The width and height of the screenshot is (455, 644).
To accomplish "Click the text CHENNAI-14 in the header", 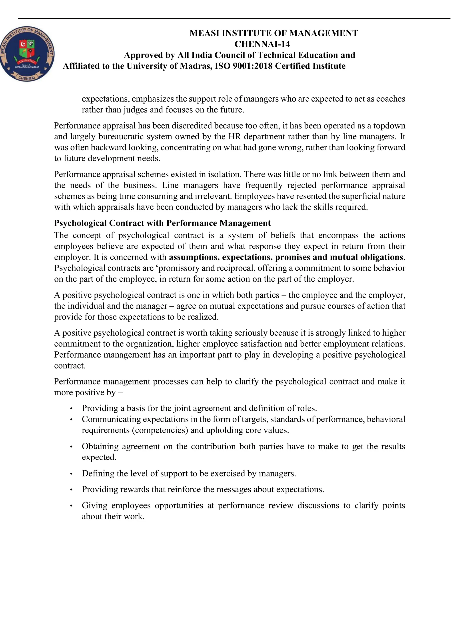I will click(262, 44).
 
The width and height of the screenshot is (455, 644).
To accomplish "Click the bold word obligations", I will click(381, 257).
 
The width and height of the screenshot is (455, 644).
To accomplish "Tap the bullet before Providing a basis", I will click(72, 409).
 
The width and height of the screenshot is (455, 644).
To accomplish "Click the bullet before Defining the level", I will click(72, 474).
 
